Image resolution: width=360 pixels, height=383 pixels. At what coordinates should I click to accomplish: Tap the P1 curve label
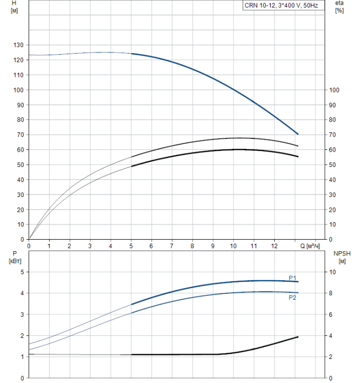pyautogui.click(x=293, y=277)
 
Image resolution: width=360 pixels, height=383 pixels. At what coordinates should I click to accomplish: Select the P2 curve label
pyautogui.click(x=293, y=297)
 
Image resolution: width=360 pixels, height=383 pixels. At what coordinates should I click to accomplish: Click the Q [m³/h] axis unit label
pyautogui.click(x=310, y=246)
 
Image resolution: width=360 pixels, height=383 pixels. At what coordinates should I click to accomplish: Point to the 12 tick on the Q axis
pyautogui.click(x=274, y=246)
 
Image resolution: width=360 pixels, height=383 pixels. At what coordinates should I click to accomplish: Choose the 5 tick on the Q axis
pyautogui.click(x=131, y=246)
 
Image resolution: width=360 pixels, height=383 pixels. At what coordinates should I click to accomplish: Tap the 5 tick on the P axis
pyautogui.click(x=22, y=272)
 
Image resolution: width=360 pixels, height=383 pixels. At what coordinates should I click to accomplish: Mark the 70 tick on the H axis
pyautogui.click(x=20, y=135)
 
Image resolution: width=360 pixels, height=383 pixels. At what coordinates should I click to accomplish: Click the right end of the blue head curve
pyautogui.click(x=298, y=134)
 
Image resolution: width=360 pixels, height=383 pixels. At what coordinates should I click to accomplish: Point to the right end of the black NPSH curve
pyautogui.click(x=298, y=337)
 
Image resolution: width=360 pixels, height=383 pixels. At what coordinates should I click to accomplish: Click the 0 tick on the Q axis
pyautogui.click(x=29, y=246)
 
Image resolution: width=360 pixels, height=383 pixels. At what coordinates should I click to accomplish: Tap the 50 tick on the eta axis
pyautogui.click(x=333, y=165)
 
